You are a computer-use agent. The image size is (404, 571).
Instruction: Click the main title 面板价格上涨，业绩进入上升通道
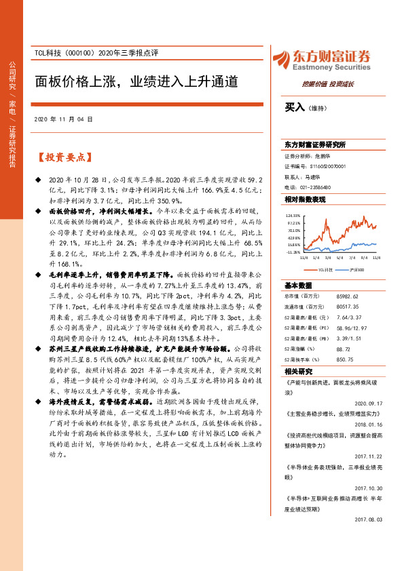pyautogui.click(x=136, y=82)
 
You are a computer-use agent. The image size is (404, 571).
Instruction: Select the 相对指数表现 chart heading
pyautogui.click(x=306, y=199)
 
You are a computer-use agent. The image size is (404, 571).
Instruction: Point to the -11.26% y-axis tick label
pyautogui.click(x=293, y=252)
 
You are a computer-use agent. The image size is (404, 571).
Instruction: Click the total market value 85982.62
pyautogui.click(x=353, y=296)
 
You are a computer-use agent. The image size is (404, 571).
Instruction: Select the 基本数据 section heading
pyautogui.click(x=298, y=285)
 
